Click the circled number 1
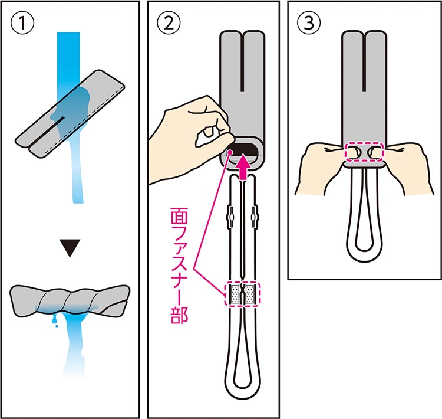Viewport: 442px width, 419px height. click(22, 23)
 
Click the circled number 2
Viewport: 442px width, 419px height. click(169, 23)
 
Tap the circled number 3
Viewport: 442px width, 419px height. click(309, 23)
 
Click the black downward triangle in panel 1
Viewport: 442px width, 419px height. click(70, 248)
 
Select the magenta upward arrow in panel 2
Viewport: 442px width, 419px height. click(243, 168)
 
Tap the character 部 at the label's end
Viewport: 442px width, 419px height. click(179, 315)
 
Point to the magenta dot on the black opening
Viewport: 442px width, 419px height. click(230, 152)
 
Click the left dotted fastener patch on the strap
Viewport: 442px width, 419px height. click(235, 294)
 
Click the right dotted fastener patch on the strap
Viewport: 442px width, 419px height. click(250, 294)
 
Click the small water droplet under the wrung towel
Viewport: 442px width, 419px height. click(57, 326)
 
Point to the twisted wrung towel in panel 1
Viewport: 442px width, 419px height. click(70, 300)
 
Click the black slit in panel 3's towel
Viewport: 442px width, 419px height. click(364, 62)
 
